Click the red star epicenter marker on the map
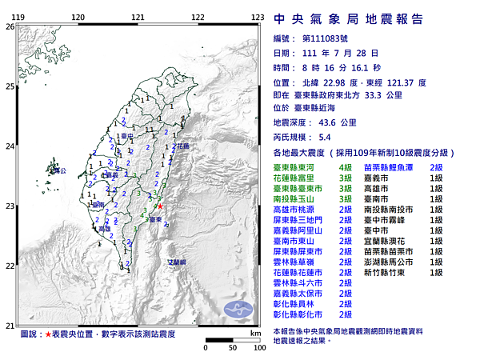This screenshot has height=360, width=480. (160, 206)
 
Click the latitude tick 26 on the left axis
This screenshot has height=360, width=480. (9, 26)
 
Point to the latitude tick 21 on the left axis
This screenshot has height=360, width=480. (9, 326)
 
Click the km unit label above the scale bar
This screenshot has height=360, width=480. (254, 332)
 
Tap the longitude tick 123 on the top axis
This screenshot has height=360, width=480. (258, 17)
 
